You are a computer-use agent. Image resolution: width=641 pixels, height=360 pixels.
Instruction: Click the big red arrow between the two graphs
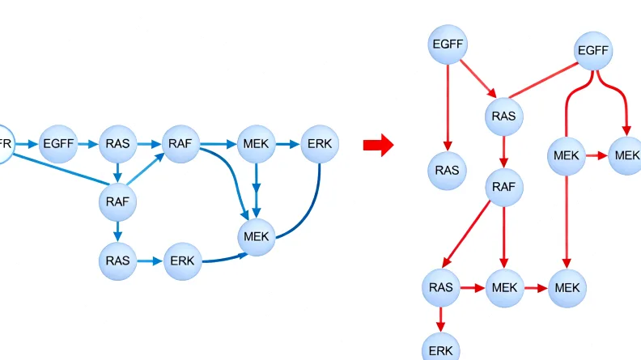[x=378, y=146]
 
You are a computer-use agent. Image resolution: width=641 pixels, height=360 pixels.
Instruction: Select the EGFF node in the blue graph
[x=58, y=145]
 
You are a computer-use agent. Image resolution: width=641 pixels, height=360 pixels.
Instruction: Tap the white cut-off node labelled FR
[x=5, y=144]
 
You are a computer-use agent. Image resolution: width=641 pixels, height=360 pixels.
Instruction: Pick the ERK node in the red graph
[x=441, y=349]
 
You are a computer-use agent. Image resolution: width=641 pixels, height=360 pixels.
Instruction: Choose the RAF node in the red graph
[x=503, y=188]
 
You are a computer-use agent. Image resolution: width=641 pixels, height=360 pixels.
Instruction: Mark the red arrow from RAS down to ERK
[x=441, y=318]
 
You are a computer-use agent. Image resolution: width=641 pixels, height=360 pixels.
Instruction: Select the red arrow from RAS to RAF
[x=503, y=152]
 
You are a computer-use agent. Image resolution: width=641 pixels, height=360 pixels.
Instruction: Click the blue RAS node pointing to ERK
[x=117, y=260]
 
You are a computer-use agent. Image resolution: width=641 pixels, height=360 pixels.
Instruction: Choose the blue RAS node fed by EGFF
[x=117, y=145]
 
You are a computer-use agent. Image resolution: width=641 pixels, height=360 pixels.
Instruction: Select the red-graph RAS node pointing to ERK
[x=441, y=287]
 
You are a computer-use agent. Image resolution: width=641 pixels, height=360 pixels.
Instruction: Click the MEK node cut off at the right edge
[x=626, y=155]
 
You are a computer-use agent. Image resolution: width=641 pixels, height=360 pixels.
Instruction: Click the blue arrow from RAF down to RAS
[x=117, y=231]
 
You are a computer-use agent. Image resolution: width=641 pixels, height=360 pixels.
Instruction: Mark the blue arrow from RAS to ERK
[x=149, y=260]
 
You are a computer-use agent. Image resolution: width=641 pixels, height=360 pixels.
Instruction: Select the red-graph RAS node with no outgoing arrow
[x=447, y=170]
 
